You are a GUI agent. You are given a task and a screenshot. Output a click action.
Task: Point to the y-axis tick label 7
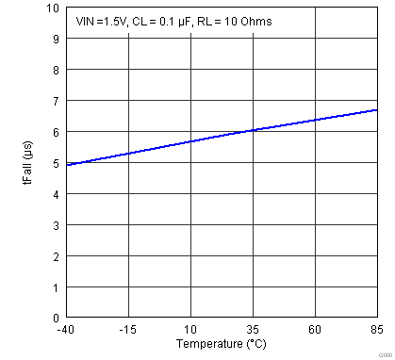[55, 102]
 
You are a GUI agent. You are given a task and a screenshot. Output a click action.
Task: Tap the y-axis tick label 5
[55, 163]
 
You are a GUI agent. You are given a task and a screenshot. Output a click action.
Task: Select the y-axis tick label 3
[55, 225]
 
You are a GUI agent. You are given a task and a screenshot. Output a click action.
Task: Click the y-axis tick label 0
[55, 318]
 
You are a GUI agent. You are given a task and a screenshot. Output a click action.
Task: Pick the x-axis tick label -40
[65, 330]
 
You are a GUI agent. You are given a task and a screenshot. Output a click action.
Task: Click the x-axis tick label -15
[127, 330]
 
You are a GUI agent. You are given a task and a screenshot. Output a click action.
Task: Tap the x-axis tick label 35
[253, 330]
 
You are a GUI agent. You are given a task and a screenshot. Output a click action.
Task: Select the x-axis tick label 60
[315, 330]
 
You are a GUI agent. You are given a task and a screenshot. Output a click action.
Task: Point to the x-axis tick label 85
[377, 330]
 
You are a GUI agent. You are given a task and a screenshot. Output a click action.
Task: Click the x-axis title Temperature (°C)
[221, 344]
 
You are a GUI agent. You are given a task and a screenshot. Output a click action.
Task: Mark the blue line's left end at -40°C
[66, 165]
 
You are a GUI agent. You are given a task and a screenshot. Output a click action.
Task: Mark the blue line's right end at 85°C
[377, 110]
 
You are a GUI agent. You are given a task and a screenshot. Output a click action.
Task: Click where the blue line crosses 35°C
[253, 130]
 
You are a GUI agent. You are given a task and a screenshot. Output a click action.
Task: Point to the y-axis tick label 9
[55, 40]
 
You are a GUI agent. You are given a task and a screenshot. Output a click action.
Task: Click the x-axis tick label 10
[190, 330]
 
